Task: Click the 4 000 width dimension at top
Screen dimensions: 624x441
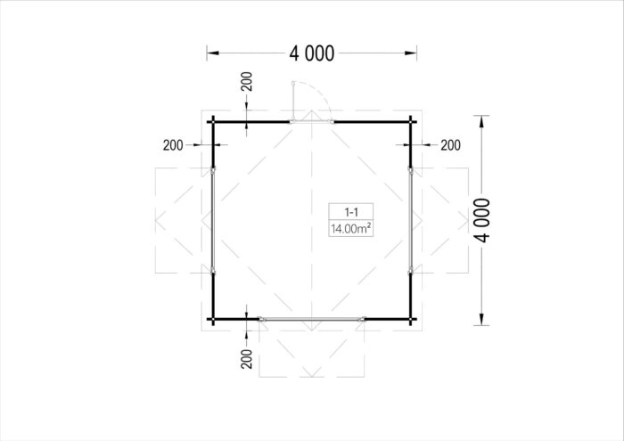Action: click(x=312, y=53)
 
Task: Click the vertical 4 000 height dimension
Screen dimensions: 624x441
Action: click(x=482, y=220)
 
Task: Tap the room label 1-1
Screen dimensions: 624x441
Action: click(x=351, y=212)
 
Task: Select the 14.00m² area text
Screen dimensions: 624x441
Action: click(x=351, y=229)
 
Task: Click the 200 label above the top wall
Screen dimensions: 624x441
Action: click(x=247, y=82)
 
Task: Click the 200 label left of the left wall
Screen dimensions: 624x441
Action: click(x=173, y=145)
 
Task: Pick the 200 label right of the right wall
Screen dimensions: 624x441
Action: click(x=450, y=145)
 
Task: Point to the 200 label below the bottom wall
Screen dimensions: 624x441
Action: click(x=247, y=359)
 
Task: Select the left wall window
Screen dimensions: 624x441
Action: click(x=213, y=220)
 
